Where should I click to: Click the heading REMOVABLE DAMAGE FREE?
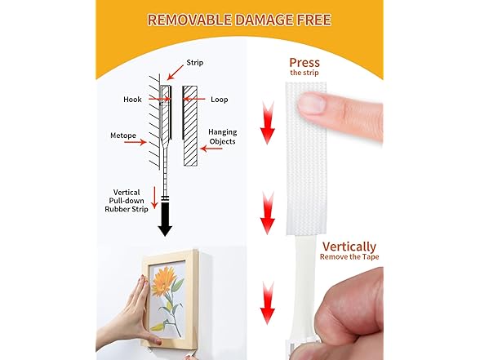click(239, 19)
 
